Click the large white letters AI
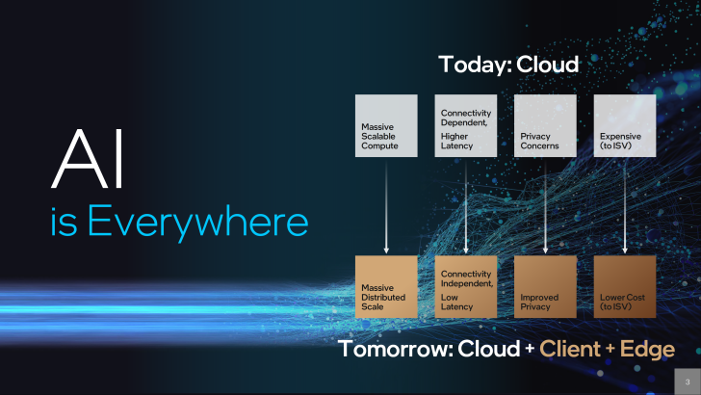click(x=88, y=159)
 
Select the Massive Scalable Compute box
click(x=386, y=125)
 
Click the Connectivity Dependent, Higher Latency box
click(x=465, y=125)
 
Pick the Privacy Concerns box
click(x=545, y=125)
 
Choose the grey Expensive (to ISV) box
click(x=625, y=125)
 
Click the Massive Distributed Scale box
click(x=386, y=287)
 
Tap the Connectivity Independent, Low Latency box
click(x=465, y=287)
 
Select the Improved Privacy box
click(x=545, y=287)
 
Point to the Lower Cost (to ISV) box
click(x=625, y=287)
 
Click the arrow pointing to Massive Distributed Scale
click(x=386, y=206)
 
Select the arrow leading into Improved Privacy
click(x=545, y=206)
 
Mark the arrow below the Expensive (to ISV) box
click(x=625, y=206)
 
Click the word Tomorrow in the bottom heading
click(x=396, y=349)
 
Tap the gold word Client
click(x=570, y=349)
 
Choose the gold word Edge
click(x=647, y=350)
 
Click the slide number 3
click(x=688, y=382)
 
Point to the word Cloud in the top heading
click(x=547, y=65)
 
